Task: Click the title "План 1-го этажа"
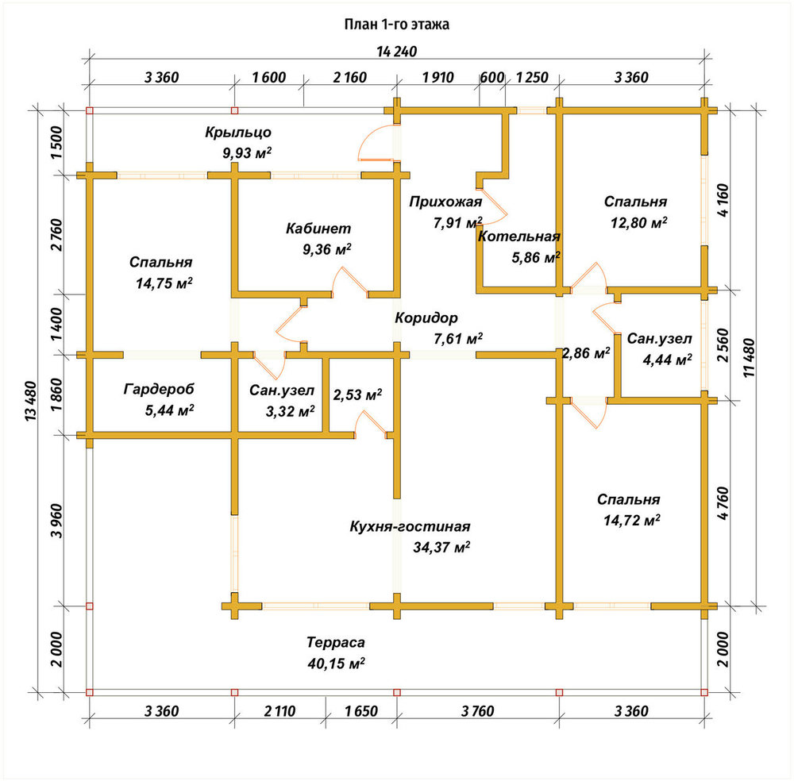pyautogui.click(x=396, y=25)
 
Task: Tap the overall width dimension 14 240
pyautogui.click(x=397, y=52)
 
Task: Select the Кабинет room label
pyautogui.click(x=318, y=229)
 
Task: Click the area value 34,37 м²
pyautogui.click(x=441, y=547)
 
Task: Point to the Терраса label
pyautogui.click(x=336, y=642)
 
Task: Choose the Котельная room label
pyautogui.click(x=519, y=237)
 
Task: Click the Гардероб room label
pyautogui.click(x=159, y=389)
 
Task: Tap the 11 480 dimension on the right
pyautogui.click(x=750, y=357)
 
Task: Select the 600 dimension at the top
pyautogui.click(x=492, y=78)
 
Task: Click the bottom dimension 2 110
pyautogui.click(x=279, y=711)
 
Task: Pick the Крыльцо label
pyautogui.click(x=238, y=132)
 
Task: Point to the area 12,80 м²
pyautogui.click(x=638, y=223)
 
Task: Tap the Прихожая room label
pyautogui.click(x=445, y=202)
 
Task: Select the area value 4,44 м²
pyautogui.click(x=668, y=360)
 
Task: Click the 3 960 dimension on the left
pyautogui.click(x=56, y=521)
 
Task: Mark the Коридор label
pyautogui.click(x=426, y=317)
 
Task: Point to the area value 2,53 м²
pyautogui.click(x=357, y=394)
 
